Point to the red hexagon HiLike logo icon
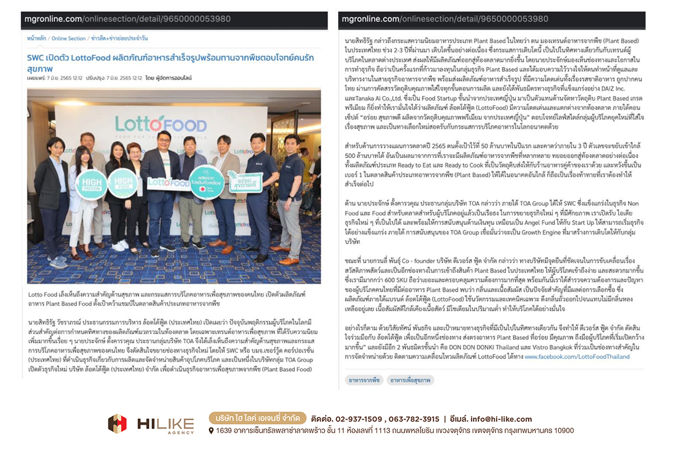pos(117,424)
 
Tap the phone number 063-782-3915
pos(412,419)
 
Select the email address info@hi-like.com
pos(499,419)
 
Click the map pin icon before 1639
pos(211,431)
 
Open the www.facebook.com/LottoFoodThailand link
pos(577,357)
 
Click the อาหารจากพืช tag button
pos(363,380)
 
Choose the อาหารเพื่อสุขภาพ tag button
pos(411,380)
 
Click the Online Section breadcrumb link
pos(69,38)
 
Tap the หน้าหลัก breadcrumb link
pos(37,38)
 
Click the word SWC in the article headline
pos(36,58)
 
